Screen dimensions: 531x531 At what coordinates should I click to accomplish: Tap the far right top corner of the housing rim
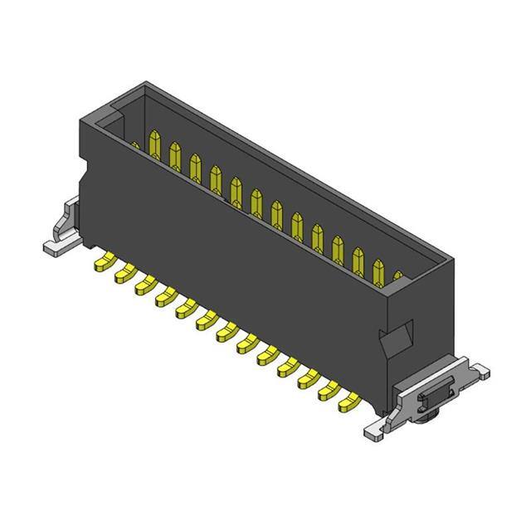coord(455,261)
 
